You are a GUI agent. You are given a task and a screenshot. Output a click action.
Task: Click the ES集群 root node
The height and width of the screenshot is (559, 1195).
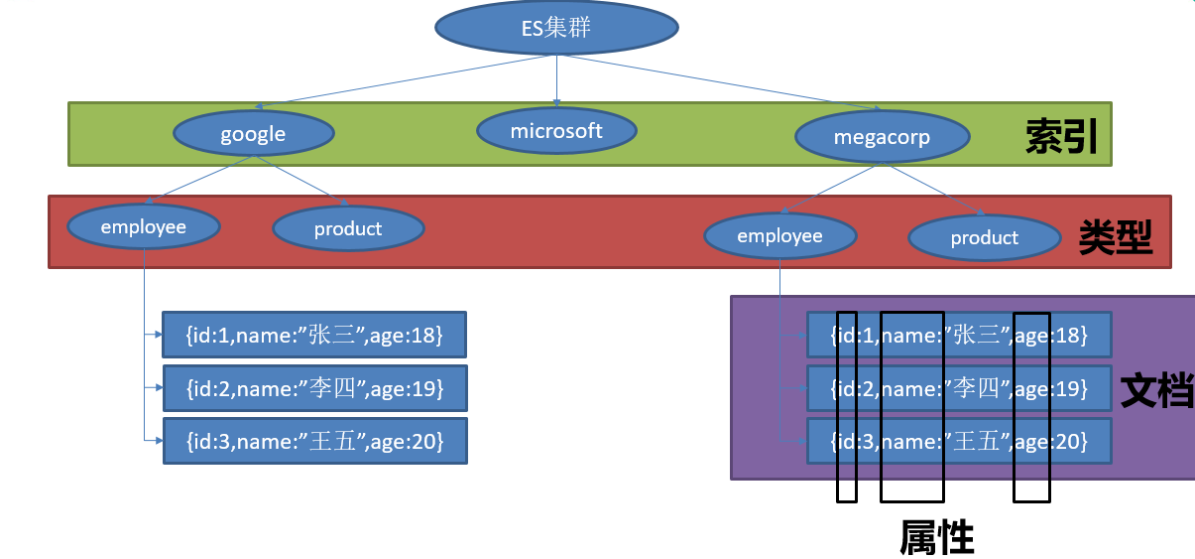[555, 28]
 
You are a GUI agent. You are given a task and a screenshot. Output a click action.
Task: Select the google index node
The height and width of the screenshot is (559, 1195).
[253, 134]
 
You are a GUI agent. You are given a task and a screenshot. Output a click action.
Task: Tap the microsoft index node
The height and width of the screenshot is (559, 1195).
[556, 130]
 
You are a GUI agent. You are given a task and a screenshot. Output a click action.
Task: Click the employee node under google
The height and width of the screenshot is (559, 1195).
[144, 227]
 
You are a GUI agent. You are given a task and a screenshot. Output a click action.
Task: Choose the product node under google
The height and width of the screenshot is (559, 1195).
[348, 229]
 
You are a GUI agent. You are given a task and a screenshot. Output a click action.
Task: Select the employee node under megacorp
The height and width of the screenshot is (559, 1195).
[779, 235]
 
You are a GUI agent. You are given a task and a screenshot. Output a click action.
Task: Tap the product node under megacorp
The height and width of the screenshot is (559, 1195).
[984, 237]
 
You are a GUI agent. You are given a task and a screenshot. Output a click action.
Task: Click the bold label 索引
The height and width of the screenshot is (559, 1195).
[1061, 138]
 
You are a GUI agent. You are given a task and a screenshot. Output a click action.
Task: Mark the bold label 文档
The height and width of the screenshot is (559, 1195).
[1156, 391]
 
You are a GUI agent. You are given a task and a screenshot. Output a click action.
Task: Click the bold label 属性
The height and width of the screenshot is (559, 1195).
[937, 537]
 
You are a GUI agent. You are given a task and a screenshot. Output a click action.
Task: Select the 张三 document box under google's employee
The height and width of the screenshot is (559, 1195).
[313, 336]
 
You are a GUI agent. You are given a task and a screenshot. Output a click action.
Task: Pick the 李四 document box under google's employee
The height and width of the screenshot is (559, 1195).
[313, 387]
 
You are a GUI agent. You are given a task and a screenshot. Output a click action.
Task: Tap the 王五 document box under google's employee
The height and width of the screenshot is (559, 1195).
[313, 439]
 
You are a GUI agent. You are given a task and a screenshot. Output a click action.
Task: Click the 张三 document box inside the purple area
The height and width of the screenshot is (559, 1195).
[959, 336]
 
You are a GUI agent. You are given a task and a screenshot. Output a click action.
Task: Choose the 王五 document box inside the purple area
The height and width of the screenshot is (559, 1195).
[959, 441]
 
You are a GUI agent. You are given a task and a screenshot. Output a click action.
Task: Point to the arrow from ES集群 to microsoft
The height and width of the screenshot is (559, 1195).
[556, 79]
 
